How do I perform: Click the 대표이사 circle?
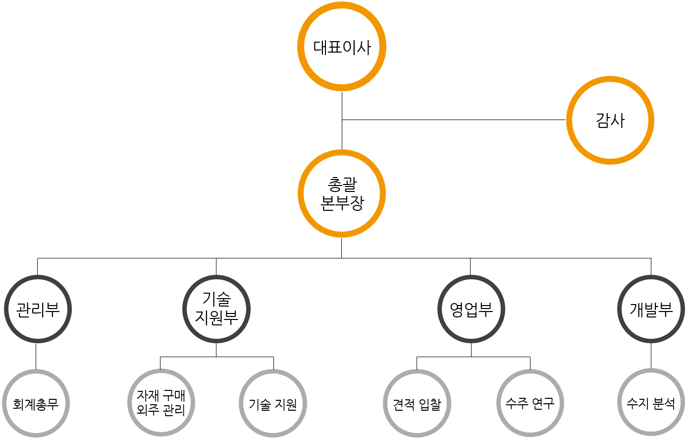pos(342,47)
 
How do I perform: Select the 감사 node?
pos(610,120)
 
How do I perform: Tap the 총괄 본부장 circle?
pos(342,193)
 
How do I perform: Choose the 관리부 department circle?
pos(38,309)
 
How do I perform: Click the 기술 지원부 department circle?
pos(216,309)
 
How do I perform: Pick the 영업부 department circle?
pos(471,309)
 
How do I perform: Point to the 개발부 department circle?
pos(651,309)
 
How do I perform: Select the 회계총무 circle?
pos(36,403)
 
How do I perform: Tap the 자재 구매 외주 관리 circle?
pos(161,403)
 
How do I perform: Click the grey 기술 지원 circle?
pos(273,403)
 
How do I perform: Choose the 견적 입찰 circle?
pos(417,403)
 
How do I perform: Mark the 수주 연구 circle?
pos(530,403)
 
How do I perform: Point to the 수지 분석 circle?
pos(651,402)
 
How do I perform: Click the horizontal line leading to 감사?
pos(453,120)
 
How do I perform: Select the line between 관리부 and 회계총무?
pos(36,356)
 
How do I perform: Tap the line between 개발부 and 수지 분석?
pos(651,356)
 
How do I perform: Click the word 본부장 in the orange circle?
pos(342,202)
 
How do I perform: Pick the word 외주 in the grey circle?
pos(147,410)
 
